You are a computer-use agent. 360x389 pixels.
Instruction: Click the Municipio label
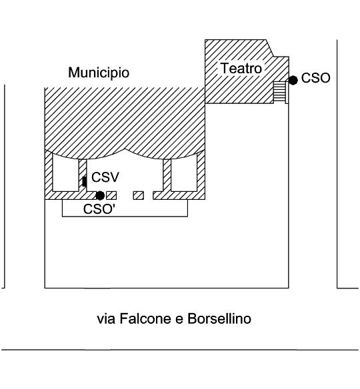point(99,73)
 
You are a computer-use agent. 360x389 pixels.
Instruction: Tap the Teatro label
point(241,68)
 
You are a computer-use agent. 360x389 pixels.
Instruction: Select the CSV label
point(105,177)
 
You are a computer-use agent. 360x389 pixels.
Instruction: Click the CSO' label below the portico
point(99,209)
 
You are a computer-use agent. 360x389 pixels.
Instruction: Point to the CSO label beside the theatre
point(315,78)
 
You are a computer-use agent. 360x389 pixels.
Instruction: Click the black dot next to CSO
point(293,80)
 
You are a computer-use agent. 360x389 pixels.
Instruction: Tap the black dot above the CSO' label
point(100,195)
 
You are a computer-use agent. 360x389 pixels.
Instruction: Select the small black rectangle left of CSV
point(85,182)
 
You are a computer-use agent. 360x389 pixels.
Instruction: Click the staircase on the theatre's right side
point(279,91)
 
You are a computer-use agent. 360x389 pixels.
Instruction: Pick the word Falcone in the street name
point(145,318)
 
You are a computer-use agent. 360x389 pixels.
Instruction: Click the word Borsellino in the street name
point(219,318)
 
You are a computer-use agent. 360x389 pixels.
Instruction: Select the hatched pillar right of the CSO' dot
point(111,195)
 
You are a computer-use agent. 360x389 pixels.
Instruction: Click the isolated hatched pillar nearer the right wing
point(138,195)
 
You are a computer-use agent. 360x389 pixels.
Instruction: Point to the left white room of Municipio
point(65,174)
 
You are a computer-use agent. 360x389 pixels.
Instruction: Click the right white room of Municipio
point(184,174)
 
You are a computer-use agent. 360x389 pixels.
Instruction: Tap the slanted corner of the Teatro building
point(270,48)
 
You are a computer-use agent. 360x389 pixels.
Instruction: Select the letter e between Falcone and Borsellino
point(179,320)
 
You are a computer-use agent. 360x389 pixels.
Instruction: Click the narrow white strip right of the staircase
point(287,93)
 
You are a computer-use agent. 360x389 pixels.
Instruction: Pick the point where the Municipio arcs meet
point(125,149)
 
